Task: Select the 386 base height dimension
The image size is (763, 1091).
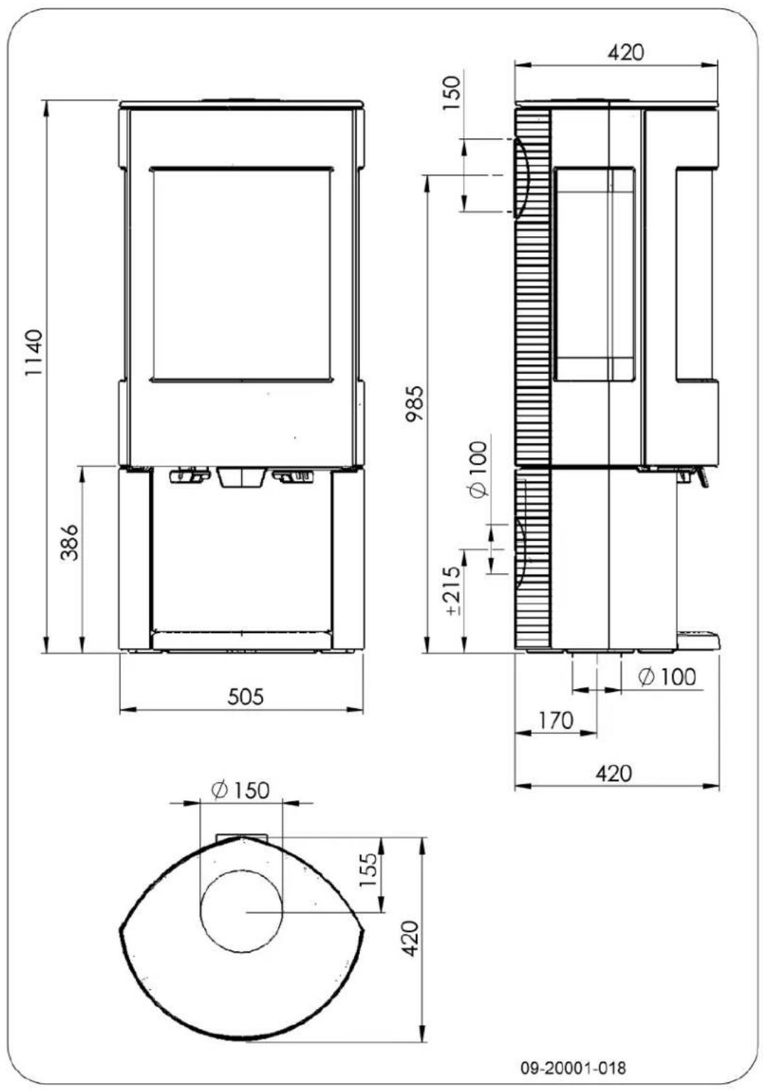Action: point(69,543)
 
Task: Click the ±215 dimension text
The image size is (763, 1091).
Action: point(454,591)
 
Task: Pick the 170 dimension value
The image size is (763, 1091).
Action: point(555,720)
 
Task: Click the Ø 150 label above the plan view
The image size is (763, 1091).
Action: point(240,790)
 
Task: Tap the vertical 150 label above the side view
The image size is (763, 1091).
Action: point(452,93)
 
